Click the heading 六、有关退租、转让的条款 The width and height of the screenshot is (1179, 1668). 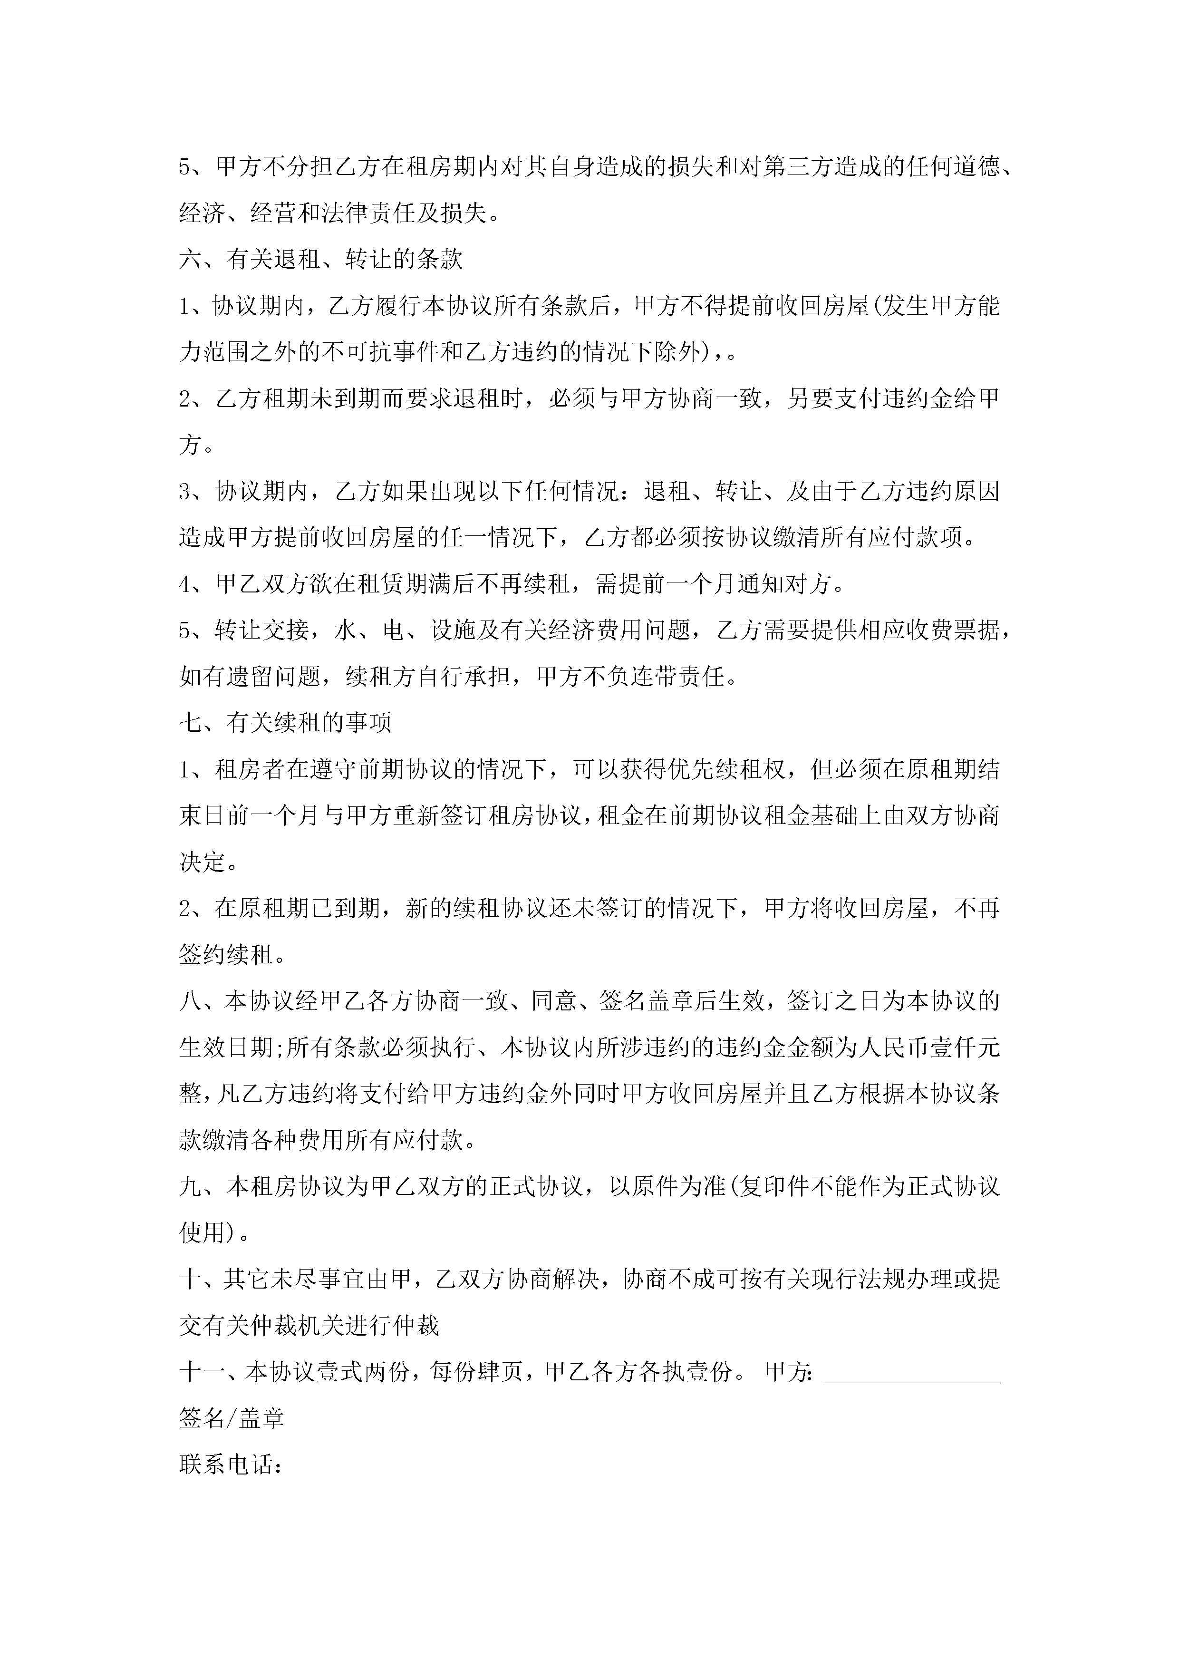tap(320, 259)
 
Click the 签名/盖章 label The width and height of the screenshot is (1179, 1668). tap(232, 1417)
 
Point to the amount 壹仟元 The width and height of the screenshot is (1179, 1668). tap(966, 1047)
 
